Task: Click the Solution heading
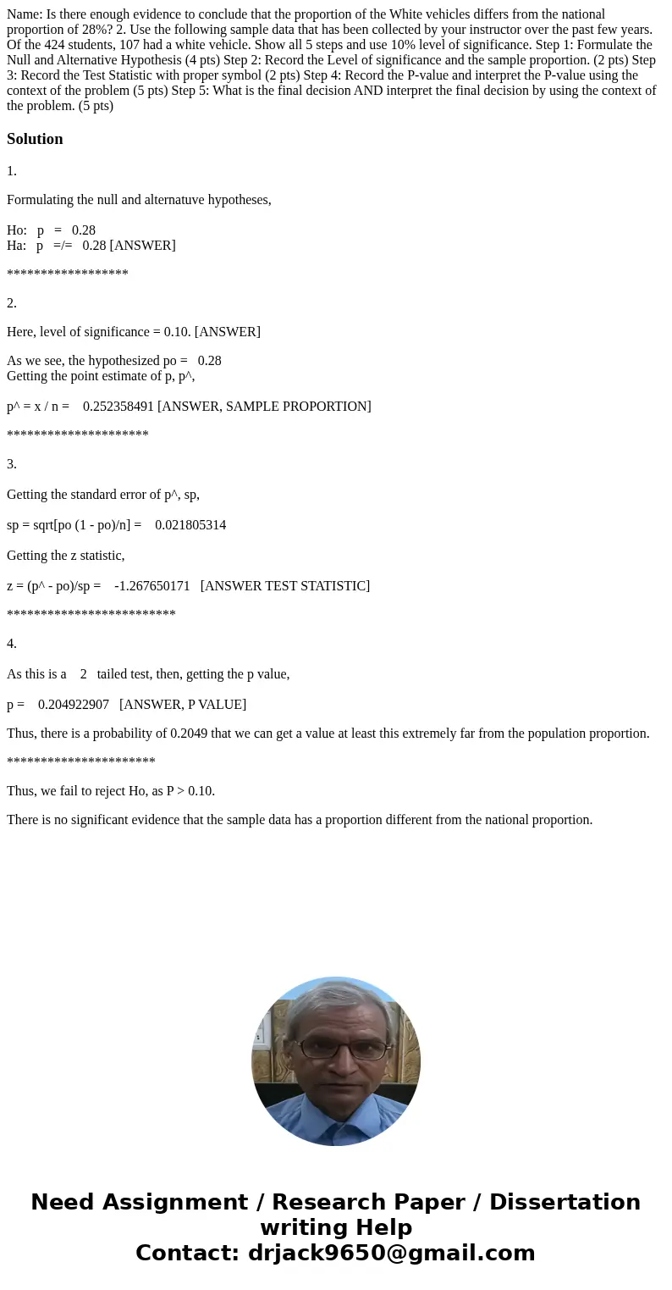pyautogui.click(x=35, y=139)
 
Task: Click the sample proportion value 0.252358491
pyautogui.click(x=118, y=407)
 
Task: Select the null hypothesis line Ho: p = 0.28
pyautogui.click(x=51, y=230)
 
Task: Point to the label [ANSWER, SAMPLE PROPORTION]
pyautogui.click(x=264, y=407)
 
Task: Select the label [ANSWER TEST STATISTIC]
pyautogui.click(x=285, y=586)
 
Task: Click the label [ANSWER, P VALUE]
pyautogui.click(x=183, y=705)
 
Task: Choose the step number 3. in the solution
pyautogui.click(x=12, y=464)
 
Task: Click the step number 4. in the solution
pyautogui.click(x=12, y=644)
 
